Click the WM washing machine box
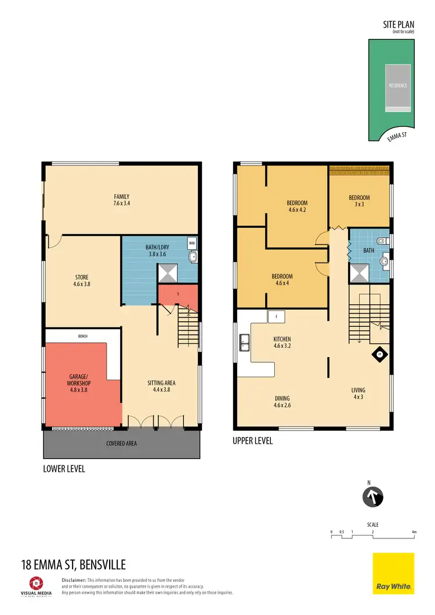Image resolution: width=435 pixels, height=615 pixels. tap(192, 244)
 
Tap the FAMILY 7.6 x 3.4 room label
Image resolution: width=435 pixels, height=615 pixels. tap(121, 200)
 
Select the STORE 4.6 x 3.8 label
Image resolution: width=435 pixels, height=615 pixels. tap(81, 281)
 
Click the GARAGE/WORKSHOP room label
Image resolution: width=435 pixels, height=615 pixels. tap(78, 380)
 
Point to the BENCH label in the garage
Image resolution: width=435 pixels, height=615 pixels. tap(82, 336)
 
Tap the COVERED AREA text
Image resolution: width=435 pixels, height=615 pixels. tap(121, 443)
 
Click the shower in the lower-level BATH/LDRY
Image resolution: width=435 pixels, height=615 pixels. tap(168, 272)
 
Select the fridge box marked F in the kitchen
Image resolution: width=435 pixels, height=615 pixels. tap(277, 316)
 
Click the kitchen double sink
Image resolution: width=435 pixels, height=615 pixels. tap(244, 343)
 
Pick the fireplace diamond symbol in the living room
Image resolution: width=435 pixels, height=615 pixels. tap(380, 355)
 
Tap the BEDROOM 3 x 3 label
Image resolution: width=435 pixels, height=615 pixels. tap(359, 201)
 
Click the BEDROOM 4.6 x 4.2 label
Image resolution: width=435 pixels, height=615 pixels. tap(297, 206)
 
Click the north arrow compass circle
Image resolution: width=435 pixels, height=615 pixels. tap(373, 497)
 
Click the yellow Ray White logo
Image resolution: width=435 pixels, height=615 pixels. tap(393, 573)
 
